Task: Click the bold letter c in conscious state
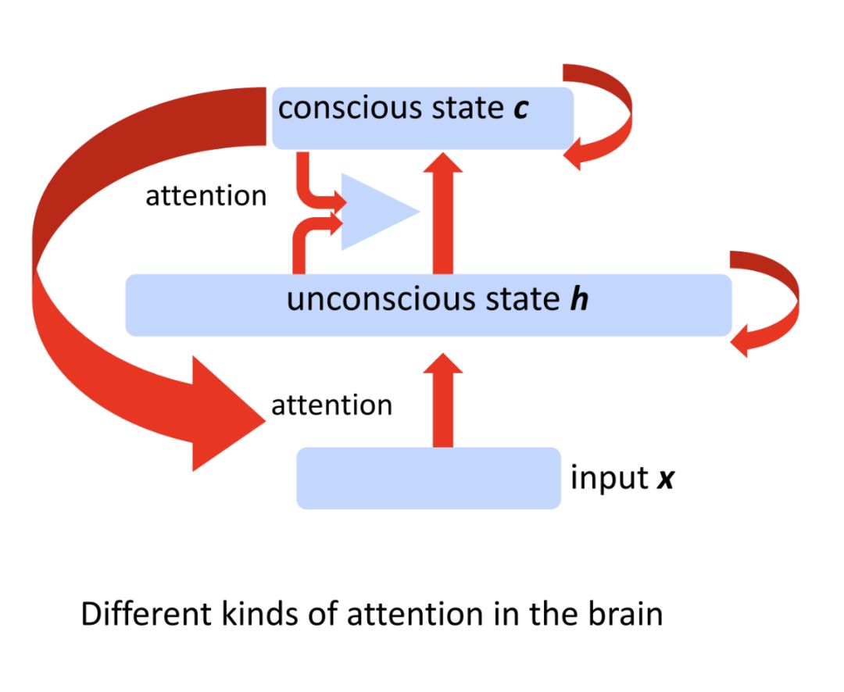click(520, 109)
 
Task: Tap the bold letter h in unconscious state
click(578, 300)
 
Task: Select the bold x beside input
click(664, 479)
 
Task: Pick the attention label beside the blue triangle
click(206, 196)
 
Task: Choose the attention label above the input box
click(331, 405)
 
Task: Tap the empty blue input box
click(428, 478)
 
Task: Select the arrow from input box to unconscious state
click(442, 402)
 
